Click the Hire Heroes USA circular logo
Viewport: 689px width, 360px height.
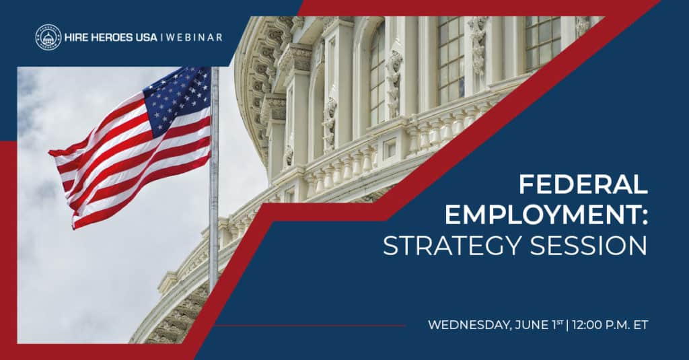(48, 37)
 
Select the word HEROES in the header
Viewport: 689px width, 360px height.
(113, 37)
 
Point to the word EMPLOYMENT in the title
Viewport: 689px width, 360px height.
(537, 215)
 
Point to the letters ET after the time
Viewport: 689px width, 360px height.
(641, 325)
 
